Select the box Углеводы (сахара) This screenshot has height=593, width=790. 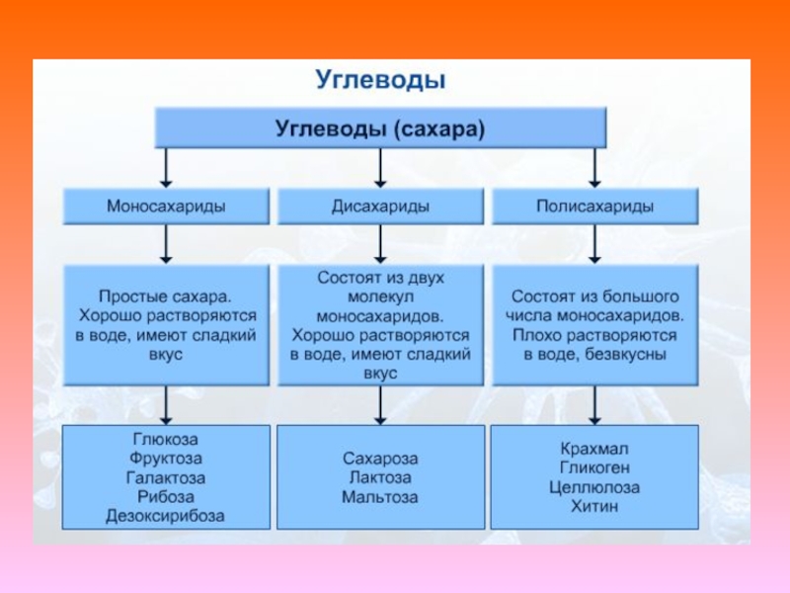pos(380,128)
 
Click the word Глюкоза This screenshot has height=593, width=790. pos(166,440)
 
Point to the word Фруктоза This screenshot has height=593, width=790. pos(166,459)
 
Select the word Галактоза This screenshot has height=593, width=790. pos(166,477)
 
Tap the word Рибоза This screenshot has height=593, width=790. pos(166,496)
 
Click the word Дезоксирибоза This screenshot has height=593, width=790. pos(166,515)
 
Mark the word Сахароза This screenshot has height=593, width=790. pos(380,460)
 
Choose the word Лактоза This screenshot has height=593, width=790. pos(380,478)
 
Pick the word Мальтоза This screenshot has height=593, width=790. pos(380,497)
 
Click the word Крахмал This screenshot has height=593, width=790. pos(593,450)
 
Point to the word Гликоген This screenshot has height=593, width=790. pos(593,468)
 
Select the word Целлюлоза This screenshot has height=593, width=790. pos(593,487)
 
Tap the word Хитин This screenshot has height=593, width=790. pos(593,506)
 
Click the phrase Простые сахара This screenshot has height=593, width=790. pos(166,296)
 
